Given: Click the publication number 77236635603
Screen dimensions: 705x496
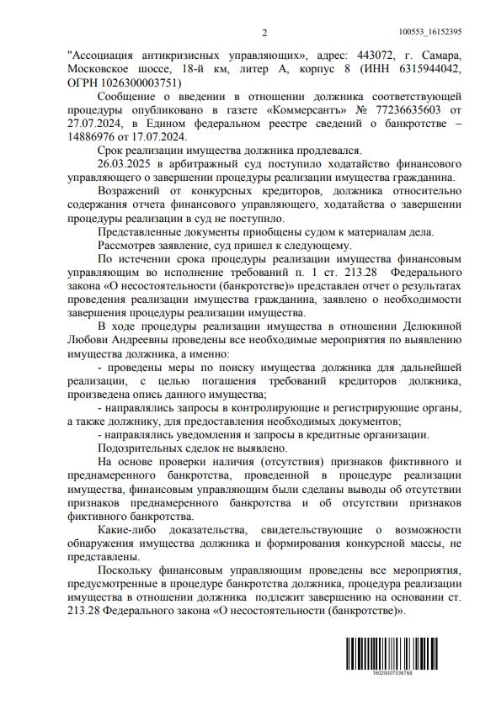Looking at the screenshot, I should tap(407, 109).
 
